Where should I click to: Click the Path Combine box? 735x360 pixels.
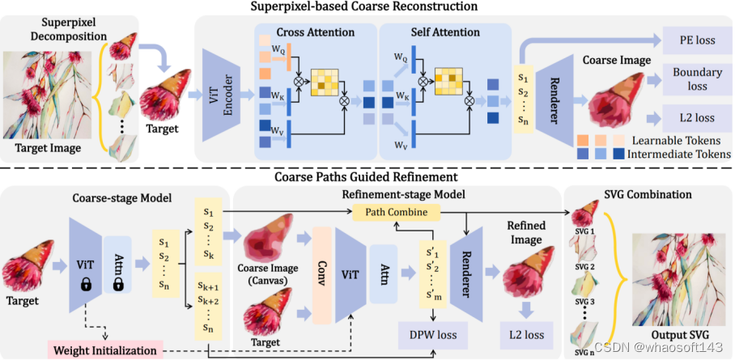coord(396,212)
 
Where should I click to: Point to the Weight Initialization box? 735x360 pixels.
coord(105,350)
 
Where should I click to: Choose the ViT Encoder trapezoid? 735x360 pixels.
coord(221,95)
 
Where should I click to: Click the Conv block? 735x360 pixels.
coord(321,275)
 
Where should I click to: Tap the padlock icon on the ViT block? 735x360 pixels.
coord(85,285)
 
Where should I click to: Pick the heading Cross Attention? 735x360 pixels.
coord(315,32)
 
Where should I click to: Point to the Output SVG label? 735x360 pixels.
coord(679,335)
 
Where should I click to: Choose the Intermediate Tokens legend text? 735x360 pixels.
coord(679,153)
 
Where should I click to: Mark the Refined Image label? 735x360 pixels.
coord(526,233)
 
